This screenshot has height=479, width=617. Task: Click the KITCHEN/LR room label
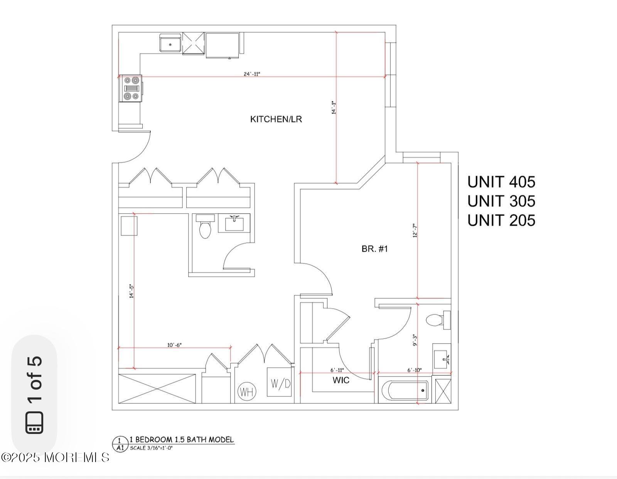click(x=276, y=119)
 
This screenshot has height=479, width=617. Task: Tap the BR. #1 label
click(x=374, y=249)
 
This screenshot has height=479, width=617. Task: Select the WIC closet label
click(x=341, y=380)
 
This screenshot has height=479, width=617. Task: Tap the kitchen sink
click(x=170, y=43)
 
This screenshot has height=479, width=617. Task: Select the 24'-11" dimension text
click(x=252, y=74)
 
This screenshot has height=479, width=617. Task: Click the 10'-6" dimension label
click(x=174, y=345)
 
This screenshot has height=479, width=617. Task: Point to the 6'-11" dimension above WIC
click(x=337, y=370)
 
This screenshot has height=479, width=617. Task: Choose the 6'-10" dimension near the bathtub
click(x=415, y=370)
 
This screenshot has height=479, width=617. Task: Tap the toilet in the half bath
click(x=205, y=228)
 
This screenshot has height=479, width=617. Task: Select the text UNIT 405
click(x=501, y=182)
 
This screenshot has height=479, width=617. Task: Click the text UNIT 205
click(x=501, y=220)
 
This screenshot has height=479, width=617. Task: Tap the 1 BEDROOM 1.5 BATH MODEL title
click(x=181, y=439)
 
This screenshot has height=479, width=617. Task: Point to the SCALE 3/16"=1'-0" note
click(x=151, y=448)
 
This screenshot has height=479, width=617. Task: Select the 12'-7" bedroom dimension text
click(x=415, y=230)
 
